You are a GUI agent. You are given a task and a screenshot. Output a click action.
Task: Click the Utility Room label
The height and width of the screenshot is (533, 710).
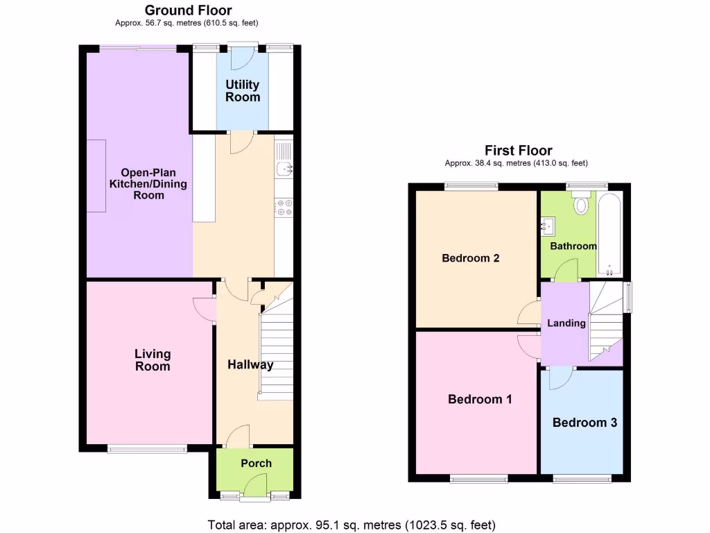[x=243, y=91]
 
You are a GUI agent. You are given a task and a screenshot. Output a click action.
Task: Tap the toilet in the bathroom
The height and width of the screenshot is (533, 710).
[x=581, y=203]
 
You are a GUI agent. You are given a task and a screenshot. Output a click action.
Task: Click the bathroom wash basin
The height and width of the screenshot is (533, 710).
[x=548, y=225]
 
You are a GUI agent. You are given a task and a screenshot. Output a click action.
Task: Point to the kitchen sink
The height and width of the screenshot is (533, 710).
[x=284, y=168]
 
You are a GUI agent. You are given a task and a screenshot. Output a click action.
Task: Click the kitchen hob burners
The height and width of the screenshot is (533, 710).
[x=284, y=208]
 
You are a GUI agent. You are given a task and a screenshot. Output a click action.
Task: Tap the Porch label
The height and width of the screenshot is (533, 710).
[x=256, y=463]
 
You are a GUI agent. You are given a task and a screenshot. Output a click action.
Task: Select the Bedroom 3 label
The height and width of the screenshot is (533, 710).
[x=585, y=422]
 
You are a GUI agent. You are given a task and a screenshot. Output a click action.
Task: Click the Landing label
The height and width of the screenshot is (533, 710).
[x=566, y=323]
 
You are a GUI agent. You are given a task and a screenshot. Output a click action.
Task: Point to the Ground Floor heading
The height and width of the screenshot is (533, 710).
[x=188, y=10]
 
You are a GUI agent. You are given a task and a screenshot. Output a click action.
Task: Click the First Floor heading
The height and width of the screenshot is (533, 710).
[x=518, y=151]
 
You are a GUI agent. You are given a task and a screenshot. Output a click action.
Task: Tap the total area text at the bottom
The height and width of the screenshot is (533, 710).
[x=352, y=525]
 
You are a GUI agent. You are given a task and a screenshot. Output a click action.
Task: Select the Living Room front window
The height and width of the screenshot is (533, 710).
[x=147, y=449]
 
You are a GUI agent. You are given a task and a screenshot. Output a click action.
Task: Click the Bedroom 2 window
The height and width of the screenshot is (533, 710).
[x=471, y=185]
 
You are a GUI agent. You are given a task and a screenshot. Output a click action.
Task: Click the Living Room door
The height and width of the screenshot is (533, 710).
[x=203, y=308]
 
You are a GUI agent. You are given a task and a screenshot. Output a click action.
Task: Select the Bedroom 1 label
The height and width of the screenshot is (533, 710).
[x=480, y=399]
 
